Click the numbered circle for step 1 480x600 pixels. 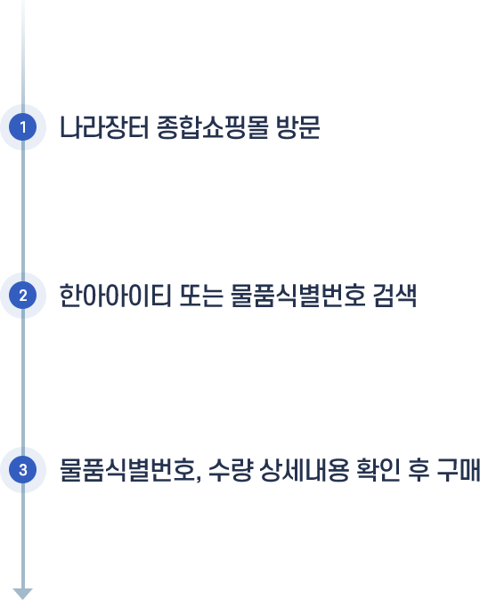point(23,127)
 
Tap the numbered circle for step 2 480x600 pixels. point(23,296)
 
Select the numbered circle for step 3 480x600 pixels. point(23,470)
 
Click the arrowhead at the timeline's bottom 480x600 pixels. point(23,594)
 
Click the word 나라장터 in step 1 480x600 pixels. point(103,127)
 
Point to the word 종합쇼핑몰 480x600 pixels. point(213,127)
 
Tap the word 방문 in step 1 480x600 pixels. point(298,127)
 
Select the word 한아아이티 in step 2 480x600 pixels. point(115,296)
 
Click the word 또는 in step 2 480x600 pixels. point(201,296)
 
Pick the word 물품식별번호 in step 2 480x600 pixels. point(298,296)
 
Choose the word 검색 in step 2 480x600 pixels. point(395,296)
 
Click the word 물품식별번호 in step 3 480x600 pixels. point(126,470)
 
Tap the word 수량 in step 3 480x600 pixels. point(231,470)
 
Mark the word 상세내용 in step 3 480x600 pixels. point(305,470)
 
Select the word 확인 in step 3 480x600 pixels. point(378,470)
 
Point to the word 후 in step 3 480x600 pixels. point(419,470)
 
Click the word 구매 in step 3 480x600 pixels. point(459,470)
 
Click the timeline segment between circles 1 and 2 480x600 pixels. point(23,211)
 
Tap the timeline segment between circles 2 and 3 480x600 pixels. point(23,383)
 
